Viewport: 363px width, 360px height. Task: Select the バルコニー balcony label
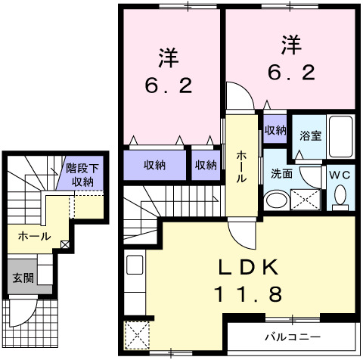(292, 336)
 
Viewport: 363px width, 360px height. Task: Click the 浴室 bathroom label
(310, 136)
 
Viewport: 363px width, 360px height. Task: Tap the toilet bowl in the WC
(341, 196)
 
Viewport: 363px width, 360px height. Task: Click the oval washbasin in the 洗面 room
(277, 200)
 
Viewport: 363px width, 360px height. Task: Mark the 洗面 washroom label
(281, 172)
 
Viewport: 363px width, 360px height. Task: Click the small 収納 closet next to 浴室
(275, 129)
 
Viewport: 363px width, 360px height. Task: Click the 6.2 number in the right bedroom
(291, 73)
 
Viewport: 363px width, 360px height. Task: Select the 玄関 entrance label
(22, 278)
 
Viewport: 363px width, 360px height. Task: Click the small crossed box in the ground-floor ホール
(66, 244)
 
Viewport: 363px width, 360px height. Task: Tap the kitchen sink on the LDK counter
(135, 265)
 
